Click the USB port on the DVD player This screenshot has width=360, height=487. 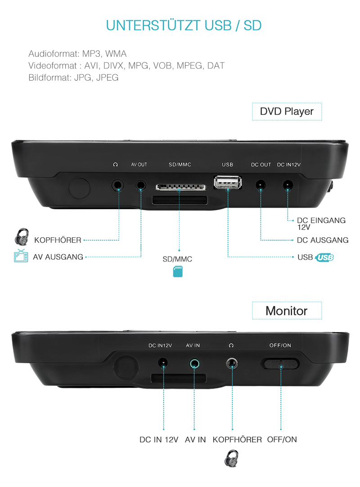click(228, 182)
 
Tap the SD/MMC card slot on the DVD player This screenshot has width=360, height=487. click(179, 186)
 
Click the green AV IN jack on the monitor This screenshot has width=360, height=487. click(195, 363)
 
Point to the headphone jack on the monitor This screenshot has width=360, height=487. click(232, 363)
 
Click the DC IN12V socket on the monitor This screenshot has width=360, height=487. click(163, 363)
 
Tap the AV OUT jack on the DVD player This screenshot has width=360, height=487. click(141, 185)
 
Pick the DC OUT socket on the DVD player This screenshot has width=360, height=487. click(260, 185)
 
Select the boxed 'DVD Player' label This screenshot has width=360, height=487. click(287, 111)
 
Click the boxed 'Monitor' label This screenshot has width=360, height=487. click(287, 311)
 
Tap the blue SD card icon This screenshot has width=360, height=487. click(178, 271)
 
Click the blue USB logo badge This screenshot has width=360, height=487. click(324, 257)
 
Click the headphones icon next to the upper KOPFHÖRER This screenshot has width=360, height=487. click(22, 236)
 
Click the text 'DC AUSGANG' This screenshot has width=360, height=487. click(322, 240)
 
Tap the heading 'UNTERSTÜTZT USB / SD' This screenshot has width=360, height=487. click(184, 25)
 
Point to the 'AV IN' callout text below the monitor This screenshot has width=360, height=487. click(195, 439)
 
